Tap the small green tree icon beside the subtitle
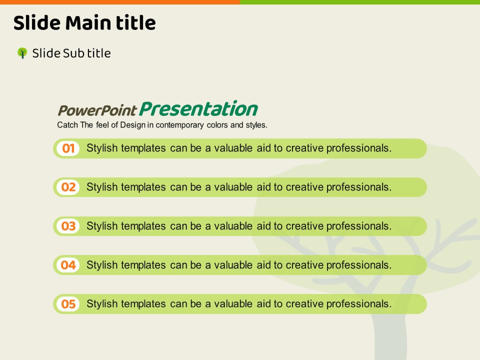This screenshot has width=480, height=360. [22, 53]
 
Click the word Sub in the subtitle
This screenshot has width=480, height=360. [73, 53]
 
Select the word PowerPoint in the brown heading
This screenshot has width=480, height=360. [97, 110]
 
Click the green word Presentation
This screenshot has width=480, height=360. [198, 108]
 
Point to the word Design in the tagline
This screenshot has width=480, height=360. [133, 125]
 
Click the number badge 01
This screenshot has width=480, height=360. [68, 148]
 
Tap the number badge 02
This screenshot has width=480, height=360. [68, 187]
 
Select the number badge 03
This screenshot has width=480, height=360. [68, 226]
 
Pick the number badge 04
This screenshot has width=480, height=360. [68, 265]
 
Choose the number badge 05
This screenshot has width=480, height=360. [68, 304]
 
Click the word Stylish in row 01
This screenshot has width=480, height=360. [102, 148]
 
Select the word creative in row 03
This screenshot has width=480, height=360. [304, 226]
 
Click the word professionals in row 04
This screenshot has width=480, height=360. [359, 265]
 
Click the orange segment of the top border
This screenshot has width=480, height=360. [120, 2]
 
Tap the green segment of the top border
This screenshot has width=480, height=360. [360, 2]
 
